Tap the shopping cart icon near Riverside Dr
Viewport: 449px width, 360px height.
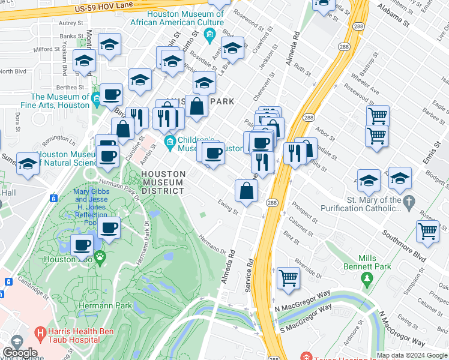[288, 278]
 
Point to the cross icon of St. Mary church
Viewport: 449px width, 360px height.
[410, 203]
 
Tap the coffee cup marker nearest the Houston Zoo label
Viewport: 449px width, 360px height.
[82, 244]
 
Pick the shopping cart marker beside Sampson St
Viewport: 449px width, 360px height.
[427, 230]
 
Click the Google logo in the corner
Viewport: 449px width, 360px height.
[20, 352]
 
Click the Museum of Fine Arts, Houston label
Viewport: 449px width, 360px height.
[60, 101]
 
